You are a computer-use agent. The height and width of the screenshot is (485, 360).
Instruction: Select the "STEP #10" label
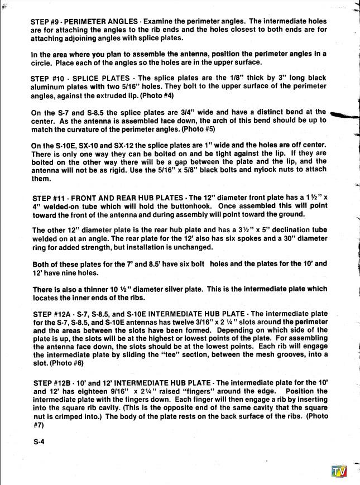click(50, 78)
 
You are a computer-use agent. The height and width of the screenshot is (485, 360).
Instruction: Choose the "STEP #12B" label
click(52, 382)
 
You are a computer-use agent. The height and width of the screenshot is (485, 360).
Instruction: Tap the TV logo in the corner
click(339, 472)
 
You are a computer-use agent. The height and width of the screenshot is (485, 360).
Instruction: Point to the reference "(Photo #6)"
click(57, 363)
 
